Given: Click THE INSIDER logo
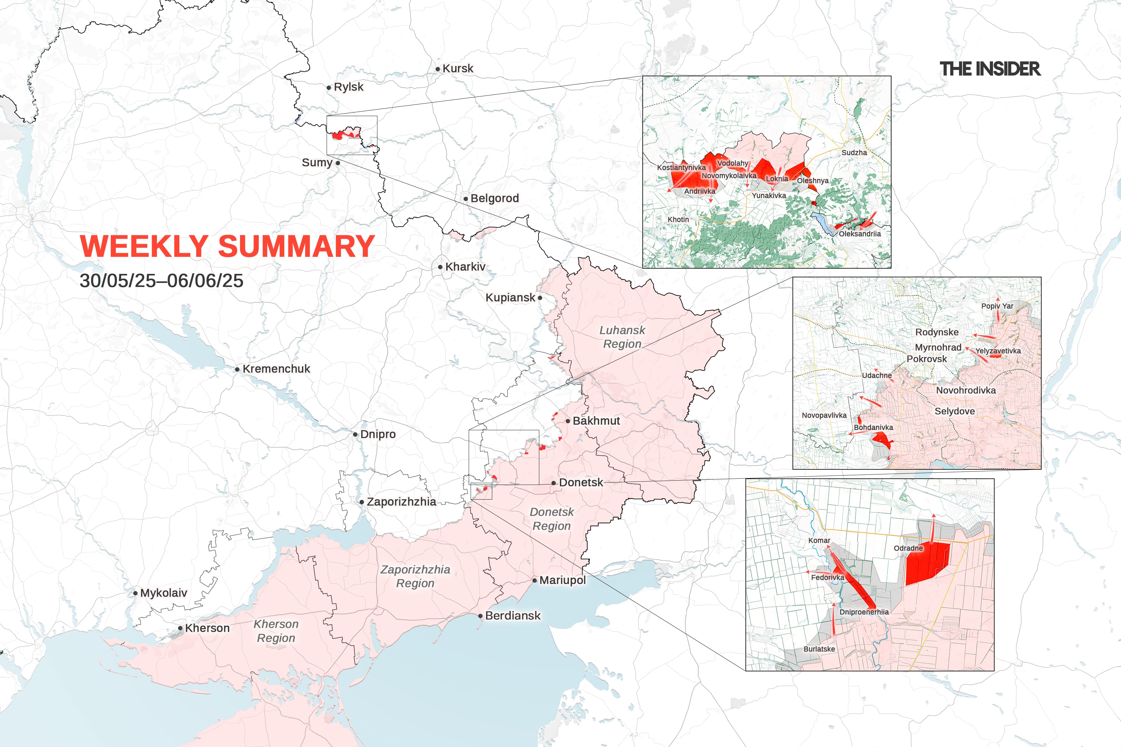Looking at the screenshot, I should tap(990, 69).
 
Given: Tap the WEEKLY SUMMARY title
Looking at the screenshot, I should tap(227, 246).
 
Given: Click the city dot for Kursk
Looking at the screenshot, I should tap(438, 69).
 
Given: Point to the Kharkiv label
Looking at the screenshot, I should tap(465, 267).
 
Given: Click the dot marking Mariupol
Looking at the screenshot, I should tap(535, 580).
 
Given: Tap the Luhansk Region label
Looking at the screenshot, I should tap(622, 337).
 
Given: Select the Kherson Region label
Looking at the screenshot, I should tap(276, 631).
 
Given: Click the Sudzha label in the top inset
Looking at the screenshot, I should tap(854, 153).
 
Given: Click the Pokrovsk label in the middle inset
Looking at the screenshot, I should tap(927, 359).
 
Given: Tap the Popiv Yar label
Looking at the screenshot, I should tap(997, 306).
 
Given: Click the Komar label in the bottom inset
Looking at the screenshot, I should tap(819, 540).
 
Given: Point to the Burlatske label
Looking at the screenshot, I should tap(819, 649).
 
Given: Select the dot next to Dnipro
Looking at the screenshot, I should tap(355, 435).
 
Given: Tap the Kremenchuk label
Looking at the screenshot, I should tap(276, 369).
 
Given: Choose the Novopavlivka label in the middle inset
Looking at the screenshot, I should tap(824, 415).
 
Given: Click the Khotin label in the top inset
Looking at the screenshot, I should tap(678, 219).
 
